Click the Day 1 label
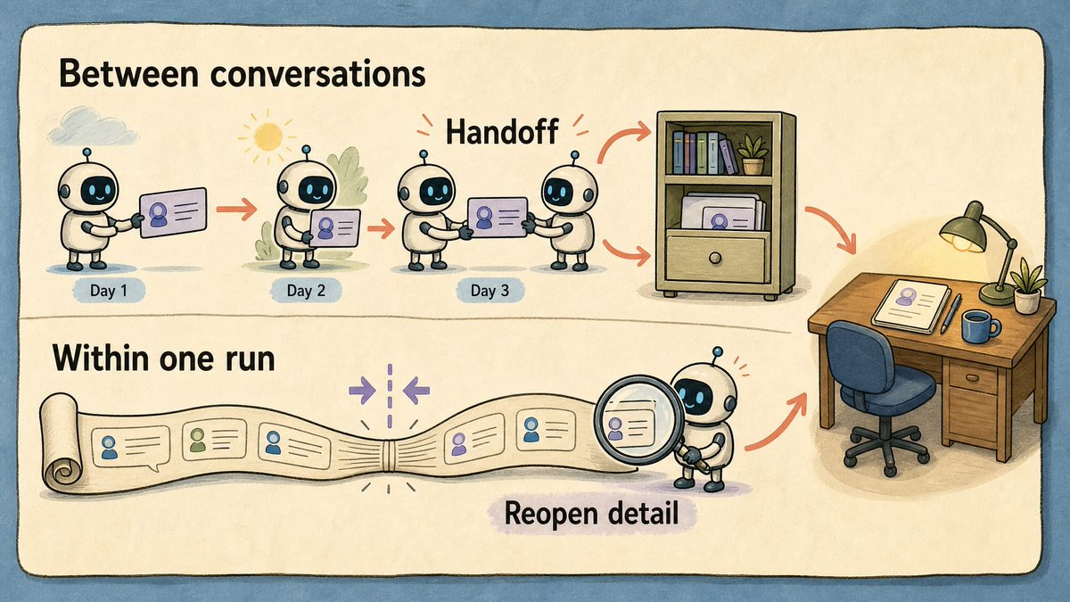(x=109, y=291)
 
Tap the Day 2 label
(x=306, y=291)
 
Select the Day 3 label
(x=490, y=291)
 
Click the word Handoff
(x=501, y=131)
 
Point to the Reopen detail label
(x=591, y=514)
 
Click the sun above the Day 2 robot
(x=267, y=136)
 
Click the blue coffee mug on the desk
(x=979, y=326)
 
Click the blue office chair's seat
(x=887, y=392)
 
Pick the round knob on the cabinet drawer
(x=714, y=258)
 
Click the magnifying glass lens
(x=631, y=419)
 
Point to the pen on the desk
(x=951, y=313)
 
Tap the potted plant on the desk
(x=1028, y=285)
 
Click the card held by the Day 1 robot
(x=173, y=212)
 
